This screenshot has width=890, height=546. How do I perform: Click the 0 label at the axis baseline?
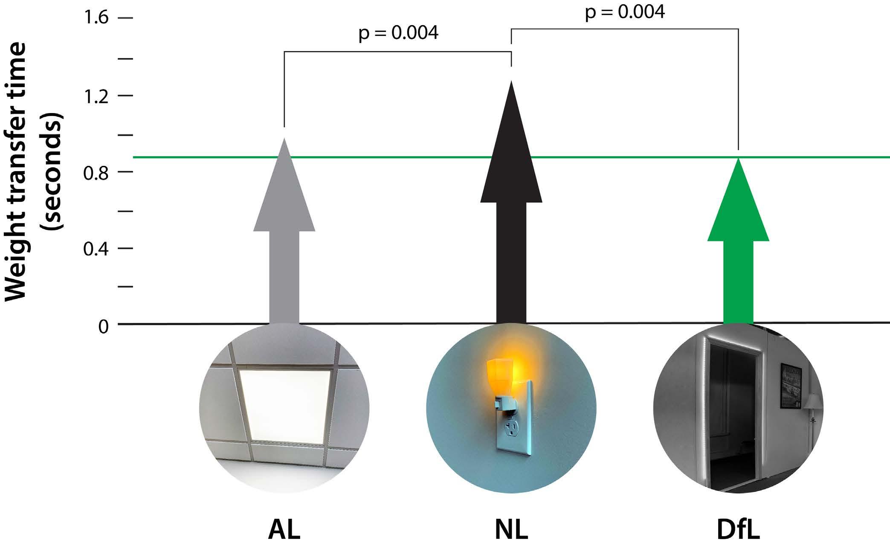[104, 326]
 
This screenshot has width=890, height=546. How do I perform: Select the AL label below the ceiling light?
[284, 529]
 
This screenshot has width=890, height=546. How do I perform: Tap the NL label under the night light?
[511, 529]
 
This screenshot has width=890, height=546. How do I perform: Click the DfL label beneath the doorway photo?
[738, 529]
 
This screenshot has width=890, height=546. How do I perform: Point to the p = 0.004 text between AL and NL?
[398, 33]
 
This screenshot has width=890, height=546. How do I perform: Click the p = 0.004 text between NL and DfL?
[625, 12]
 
